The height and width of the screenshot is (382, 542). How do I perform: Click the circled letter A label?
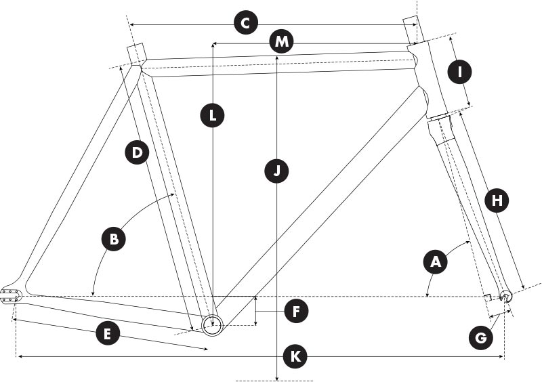(435, 261)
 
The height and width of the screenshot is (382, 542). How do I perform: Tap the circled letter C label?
(246, 24)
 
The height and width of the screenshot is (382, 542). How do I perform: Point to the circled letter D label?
(138, 152)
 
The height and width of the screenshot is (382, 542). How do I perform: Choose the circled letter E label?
(108, 334)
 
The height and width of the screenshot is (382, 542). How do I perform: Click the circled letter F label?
(296, 312)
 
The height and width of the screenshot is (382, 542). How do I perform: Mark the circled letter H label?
(497, 200)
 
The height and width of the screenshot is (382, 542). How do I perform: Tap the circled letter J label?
(276, 171)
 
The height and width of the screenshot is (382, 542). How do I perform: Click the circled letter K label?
(293, 356)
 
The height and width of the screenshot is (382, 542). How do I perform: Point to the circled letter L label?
(213, 115)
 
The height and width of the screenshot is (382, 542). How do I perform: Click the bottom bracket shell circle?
(212, 322)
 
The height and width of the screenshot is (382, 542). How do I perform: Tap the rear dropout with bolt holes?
(12, 293)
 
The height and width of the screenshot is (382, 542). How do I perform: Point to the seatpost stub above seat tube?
(135, 52)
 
